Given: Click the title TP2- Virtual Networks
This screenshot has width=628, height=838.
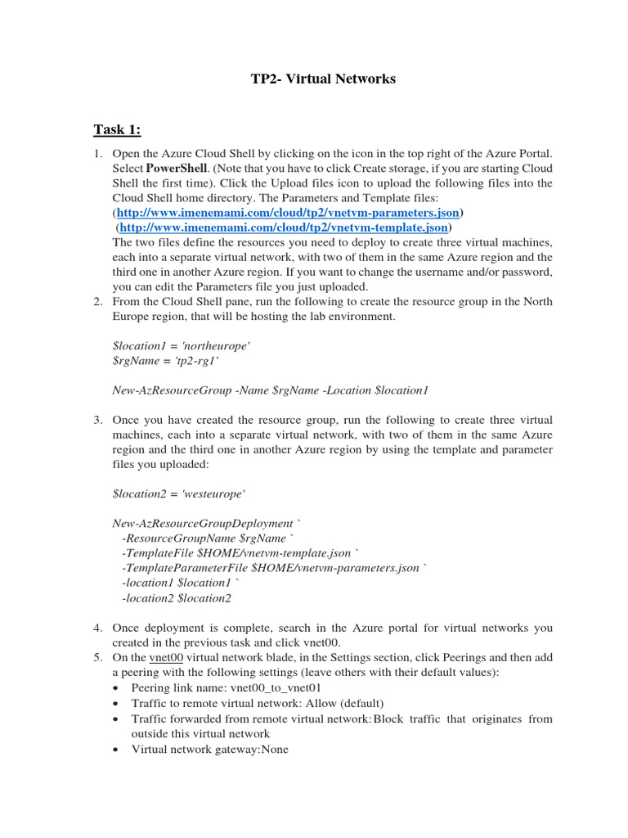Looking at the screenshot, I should coord(322,79).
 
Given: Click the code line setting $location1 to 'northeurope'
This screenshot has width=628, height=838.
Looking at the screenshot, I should coord(181,345).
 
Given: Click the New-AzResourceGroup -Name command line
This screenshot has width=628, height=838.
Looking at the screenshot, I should coord(270,390).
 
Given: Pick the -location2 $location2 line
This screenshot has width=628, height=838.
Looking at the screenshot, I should coord(176,598).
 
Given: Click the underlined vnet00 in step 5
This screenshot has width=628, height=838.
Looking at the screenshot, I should coord(166,657).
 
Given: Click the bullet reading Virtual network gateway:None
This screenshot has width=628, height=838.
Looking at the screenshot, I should coord(210,749).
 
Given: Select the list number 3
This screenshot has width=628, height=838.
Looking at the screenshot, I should coord(96,420).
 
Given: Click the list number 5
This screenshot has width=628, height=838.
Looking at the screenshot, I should coord(96,657).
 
